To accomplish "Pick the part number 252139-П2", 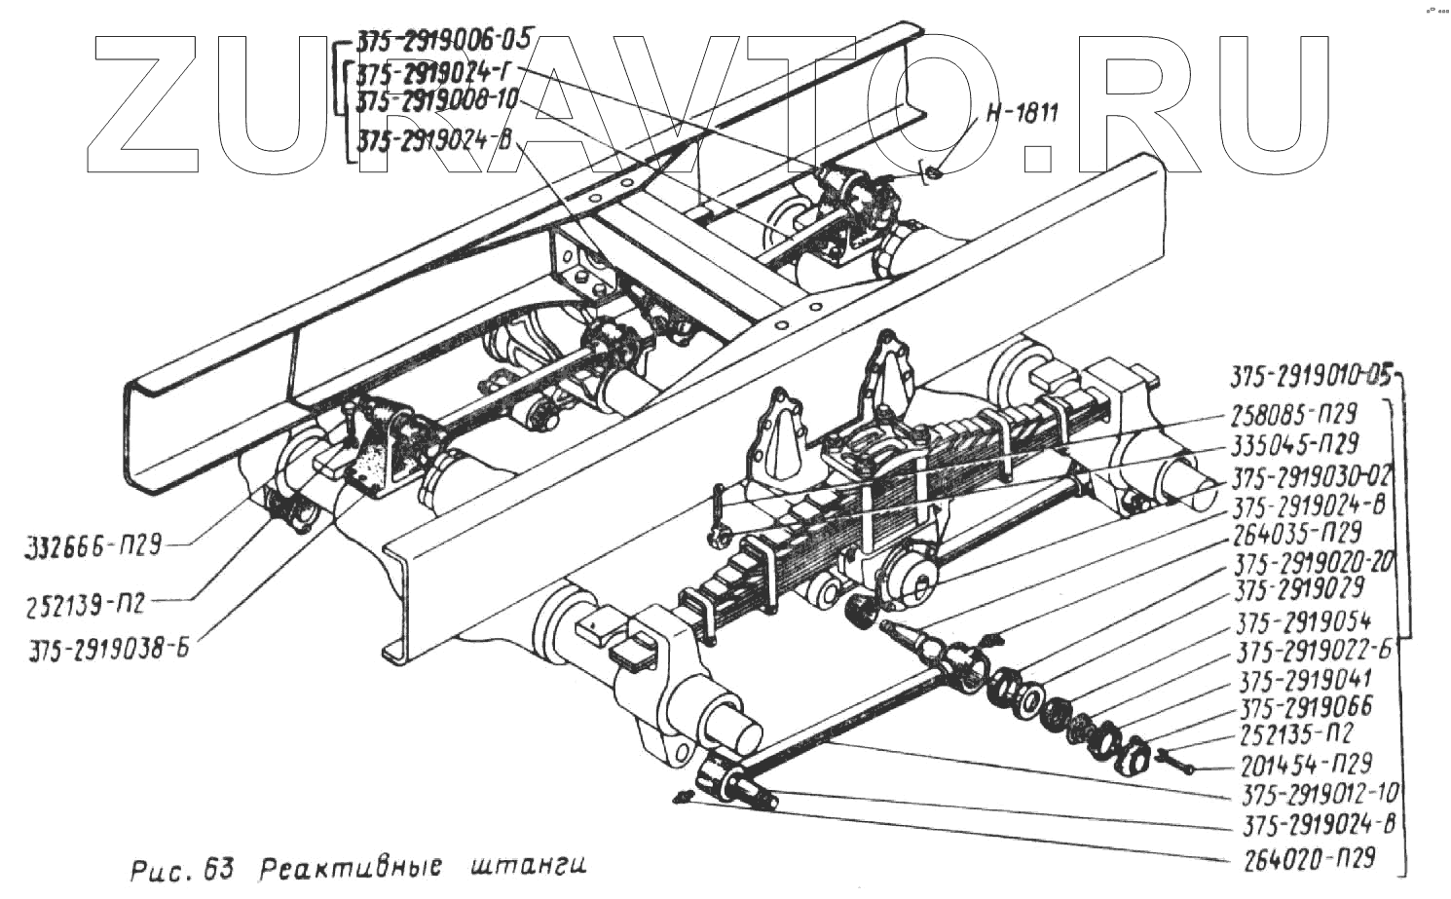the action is (x=86, y=605).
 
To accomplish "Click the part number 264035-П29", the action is (x=1296, y=534).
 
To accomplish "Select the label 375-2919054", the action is (x=1302, y=621).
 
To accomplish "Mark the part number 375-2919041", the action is (x=1306, y=679).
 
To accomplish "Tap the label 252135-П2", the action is (x=1296, y=734).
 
